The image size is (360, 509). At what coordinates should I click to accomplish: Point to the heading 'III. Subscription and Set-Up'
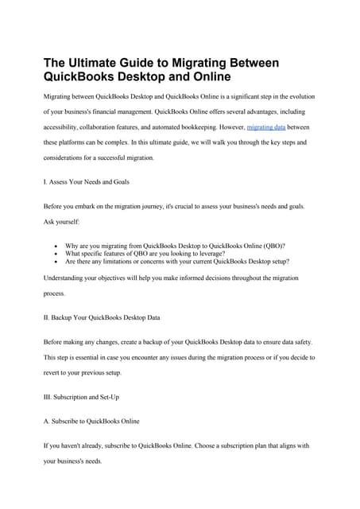[x=81, y=395]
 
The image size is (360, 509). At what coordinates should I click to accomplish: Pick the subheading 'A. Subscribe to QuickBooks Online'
[x=91, y=421]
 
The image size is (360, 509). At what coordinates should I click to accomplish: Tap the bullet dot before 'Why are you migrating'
[x=55, y=247]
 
